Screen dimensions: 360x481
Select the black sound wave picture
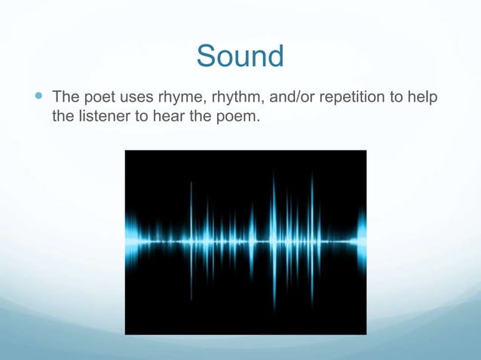click(x=245, y=242)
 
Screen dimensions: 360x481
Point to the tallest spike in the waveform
click(x=273, y=241)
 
